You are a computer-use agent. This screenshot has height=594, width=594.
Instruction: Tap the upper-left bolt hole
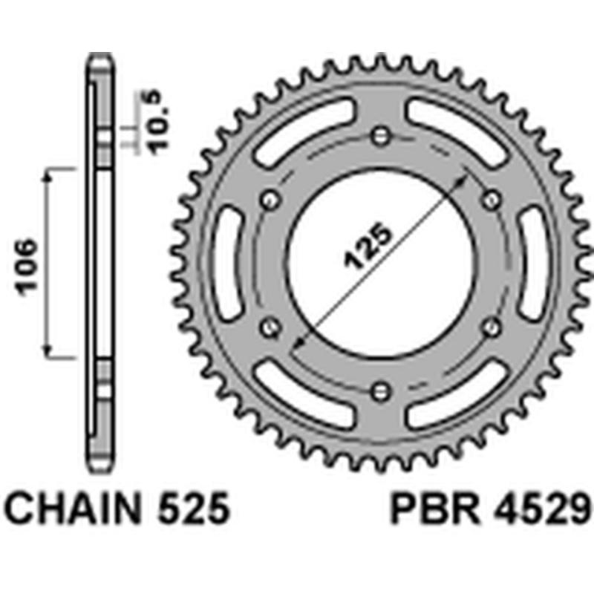pyautogui.click(x=270, y=199)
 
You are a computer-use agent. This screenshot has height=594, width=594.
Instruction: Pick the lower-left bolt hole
pyautogui.click(x=270, y=326)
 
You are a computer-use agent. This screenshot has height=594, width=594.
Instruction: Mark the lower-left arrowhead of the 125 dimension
pyautogui.click(x=298, y=343)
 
